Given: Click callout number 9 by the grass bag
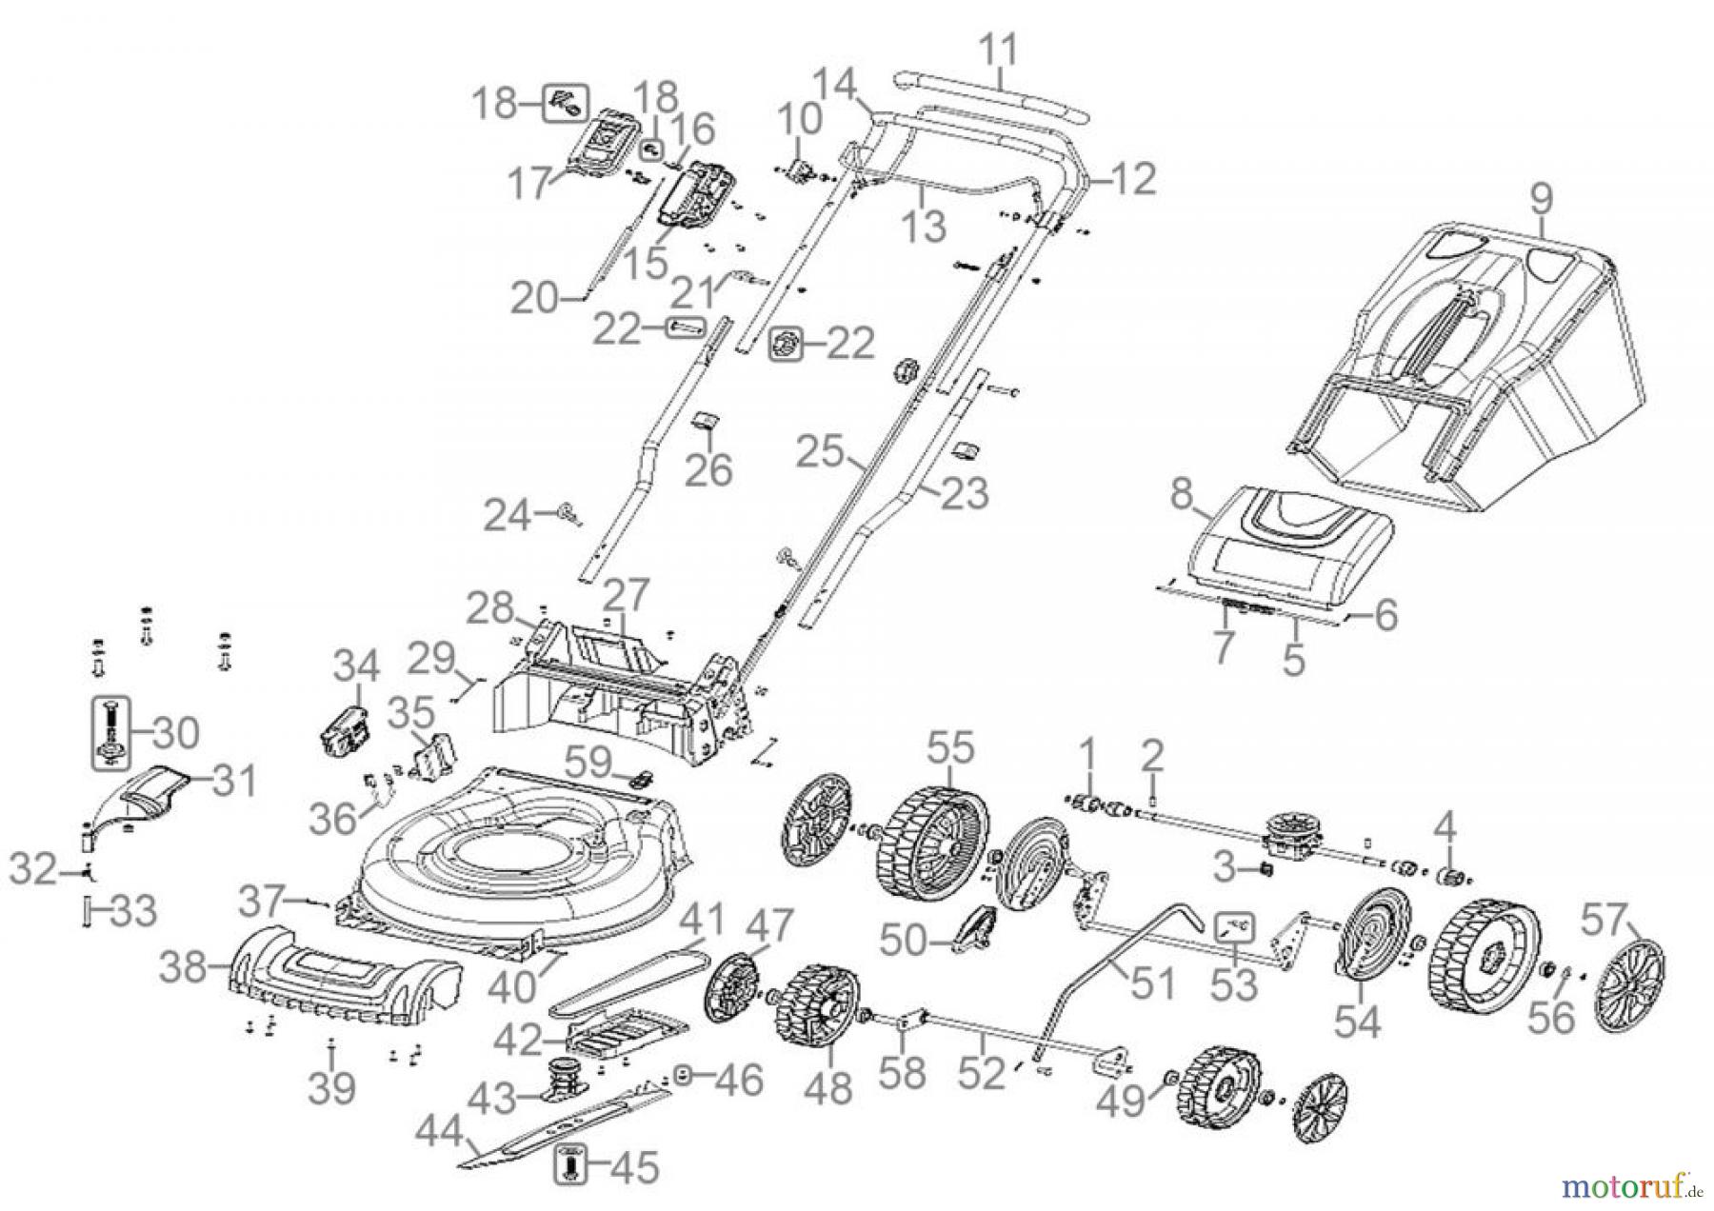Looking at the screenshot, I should tap(1542, 199).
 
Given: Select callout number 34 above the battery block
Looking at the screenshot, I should tap(355, 665).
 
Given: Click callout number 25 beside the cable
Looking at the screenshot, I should tap(821, 452).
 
